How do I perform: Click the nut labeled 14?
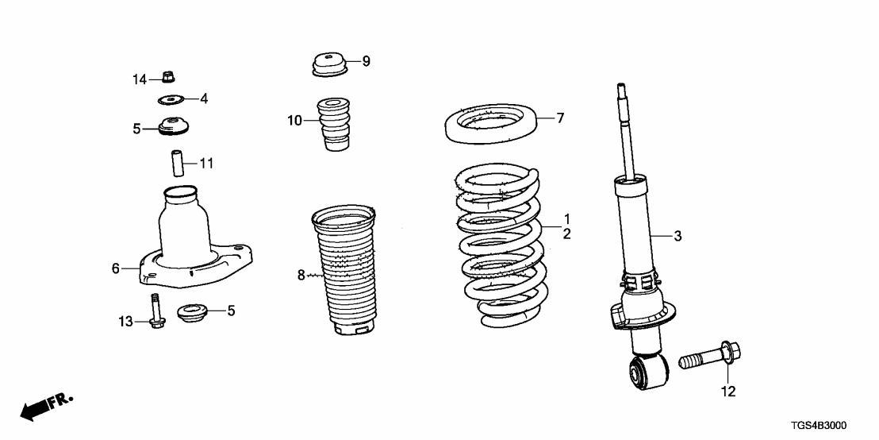[167, 77]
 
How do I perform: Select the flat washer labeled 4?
[170, 99]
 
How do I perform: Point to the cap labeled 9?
[328, 64]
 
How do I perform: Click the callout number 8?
[301, 276]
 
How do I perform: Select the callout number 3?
[677, 236]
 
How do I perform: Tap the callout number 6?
[116, 269]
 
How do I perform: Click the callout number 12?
[728, 391]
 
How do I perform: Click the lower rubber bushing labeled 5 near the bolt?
[190, 312]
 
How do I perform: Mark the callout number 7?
[560, 118]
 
